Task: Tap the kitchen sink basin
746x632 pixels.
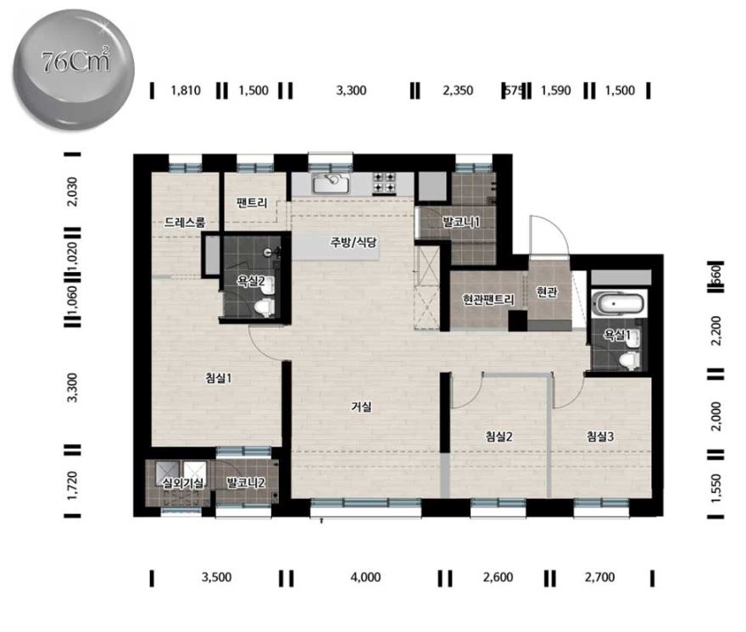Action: pyautogui.click(x=331, y=183)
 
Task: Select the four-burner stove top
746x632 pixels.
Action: pyautogui.click(x=383, y=183)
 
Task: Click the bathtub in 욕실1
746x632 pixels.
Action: pyautogui.click(x=617, y=304)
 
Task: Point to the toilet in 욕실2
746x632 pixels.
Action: pyautogui.click(x=264, y=308)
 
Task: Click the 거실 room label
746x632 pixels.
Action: pyautogui.click(x=362, y=407)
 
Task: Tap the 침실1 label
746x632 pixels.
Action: pyautogui.click(x=219, y=378)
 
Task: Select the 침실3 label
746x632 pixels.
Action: pyautogui.click(x=600, y=436)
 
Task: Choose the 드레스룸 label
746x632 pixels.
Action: pyautogui.click(x=185, y=222)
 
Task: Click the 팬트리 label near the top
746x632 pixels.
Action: pyautogui.click(x=252, y=203)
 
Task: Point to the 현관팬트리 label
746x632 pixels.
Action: pyautogui.click(x=488, y=300)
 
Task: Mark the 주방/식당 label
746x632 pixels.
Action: pyautogui.click(x=354, y=242)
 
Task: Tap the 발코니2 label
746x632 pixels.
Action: pyautogui.click(x=246, y=483)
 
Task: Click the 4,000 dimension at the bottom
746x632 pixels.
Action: pyautogui.click(x=365, y=577)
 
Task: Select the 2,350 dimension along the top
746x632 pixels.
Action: pyautogui.click(x=458, y=91)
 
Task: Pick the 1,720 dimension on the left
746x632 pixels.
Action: pyautogui.click(x=72, y=485)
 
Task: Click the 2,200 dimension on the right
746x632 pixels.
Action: pyautogui.click(x=715, y=330)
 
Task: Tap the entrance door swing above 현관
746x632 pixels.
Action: pyautogui.click(x=548, y=236)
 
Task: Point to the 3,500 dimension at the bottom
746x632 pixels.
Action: pyautogui.click(x=216, y=577)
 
